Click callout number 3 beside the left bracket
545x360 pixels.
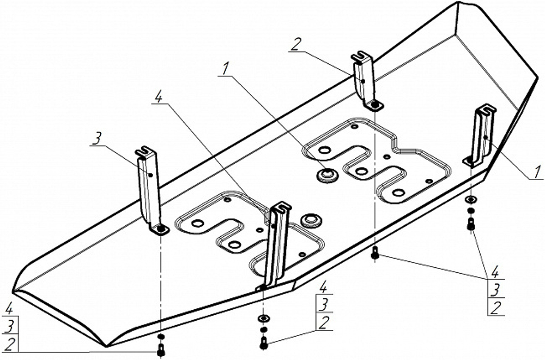tap(97, 139)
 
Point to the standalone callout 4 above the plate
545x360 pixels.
tap(158, 98)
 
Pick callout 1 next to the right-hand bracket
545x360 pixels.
tap(537, 172)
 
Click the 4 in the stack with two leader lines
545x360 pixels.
tap(495, 271)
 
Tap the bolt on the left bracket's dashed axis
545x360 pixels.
tap(161, 350)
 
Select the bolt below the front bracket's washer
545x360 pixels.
tap(263, 343)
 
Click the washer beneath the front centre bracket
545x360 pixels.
tap(263, 318)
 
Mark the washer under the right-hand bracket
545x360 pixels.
tap(471, 200)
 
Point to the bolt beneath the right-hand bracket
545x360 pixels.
tap(471, 224)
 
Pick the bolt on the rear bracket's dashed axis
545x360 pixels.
tap(375, 253)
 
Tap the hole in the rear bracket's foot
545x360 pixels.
tap(374, 104)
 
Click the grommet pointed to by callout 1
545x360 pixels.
tap(327, 174)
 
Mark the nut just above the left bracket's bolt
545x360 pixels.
tap(161, 336)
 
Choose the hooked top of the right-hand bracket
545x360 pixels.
tap(484, 109)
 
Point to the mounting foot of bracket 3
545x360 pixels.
tap(159, 229)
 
